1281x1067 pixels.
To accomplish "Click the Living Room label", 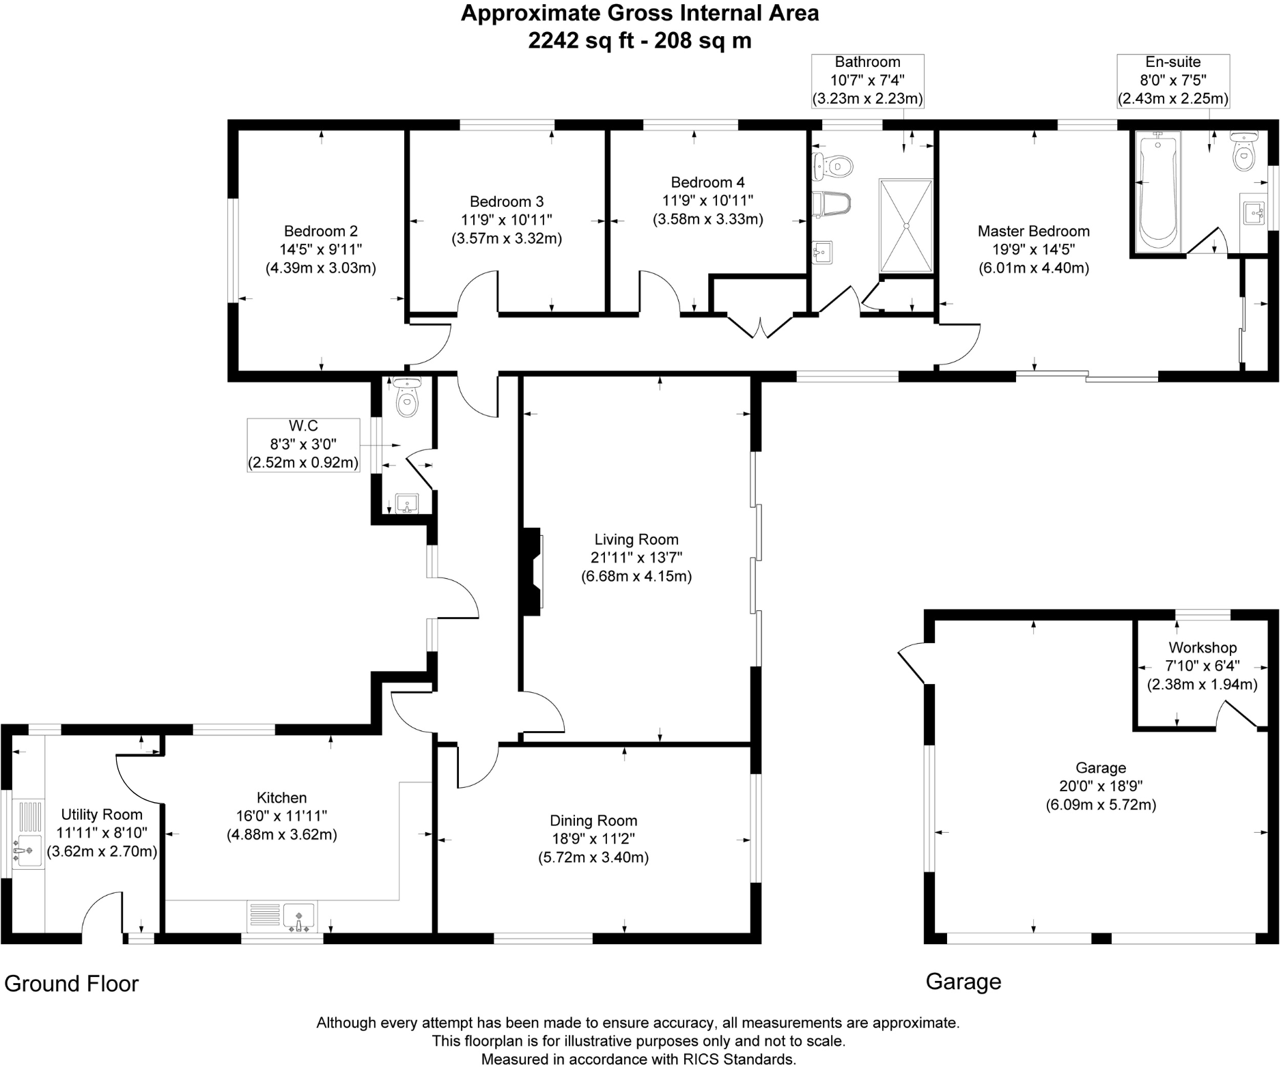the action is (x=636, y=539).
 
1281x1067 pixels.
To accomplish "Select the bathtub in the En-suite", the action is (x=1158, y=191).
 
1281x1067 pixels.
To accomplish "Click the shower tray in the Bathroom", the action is (x=906, y=225).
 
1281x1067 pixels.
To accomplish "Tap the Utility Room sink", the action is (x=27, y=851).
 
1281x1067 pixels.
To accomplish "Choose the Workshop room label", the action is (x=1202, y=647).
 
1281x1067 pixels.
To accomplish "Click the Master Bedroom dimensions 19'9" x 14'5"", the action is (x=1033, y=249).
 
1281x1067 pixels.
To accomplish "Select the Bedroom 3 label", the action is (x=507, y=201).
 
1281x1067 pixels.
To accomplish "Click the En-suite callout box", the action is (x=1173, y=81).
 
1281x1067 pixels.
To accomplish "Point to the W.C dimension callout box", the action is (x=303, y=444).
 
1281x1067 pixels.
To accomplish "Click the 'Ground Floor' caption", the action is (x=72, y=984).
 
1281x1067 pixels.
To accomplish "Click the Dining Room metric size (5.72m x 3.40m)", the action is (x=593, y=857).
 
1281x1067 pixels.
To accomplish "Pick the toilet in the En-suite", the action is (x=1243, y=154).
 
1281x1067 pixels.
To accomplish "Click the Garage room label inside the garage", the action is (x=1100, y=768).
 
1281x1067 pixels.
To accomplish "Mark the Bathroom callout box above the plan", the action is (x=867, y=81).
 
